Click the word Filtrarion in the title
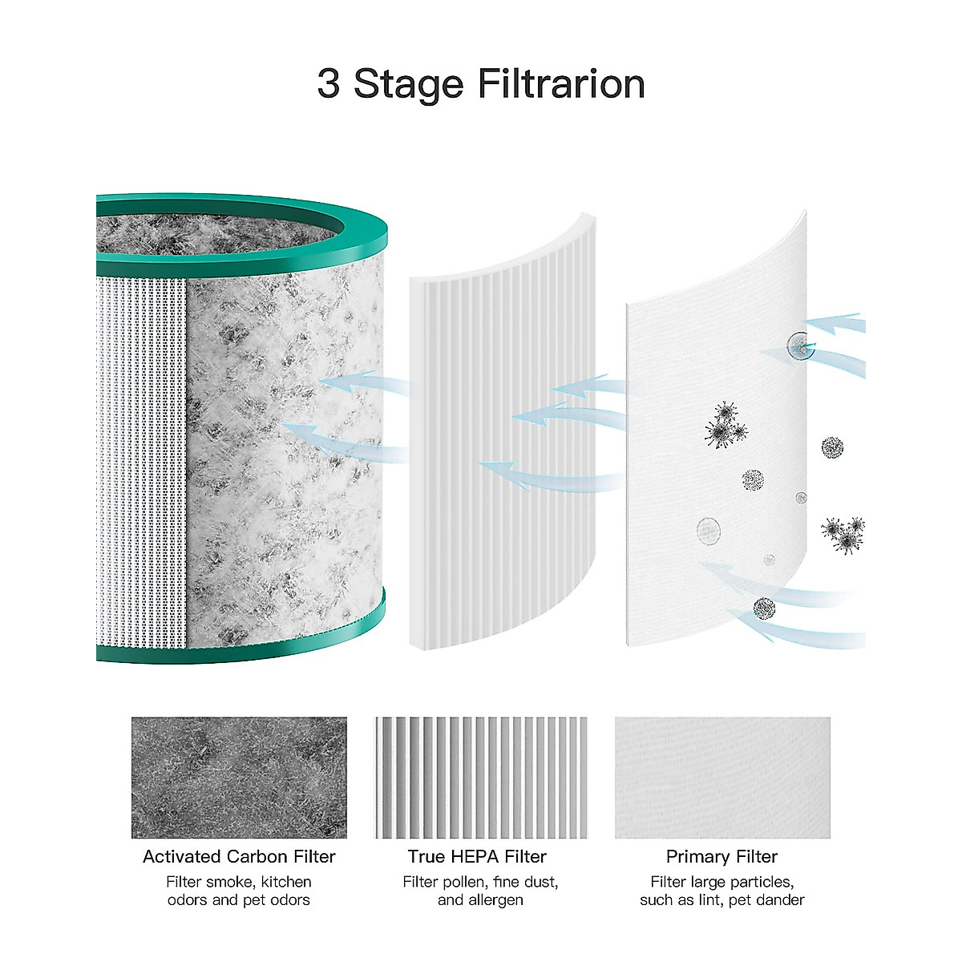[561, 84]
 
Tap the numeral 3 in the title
[328, 84]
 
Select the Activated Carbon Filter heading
[239, 856]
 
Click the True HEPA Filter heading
[477, 856]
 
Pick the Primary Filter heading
[721, 856]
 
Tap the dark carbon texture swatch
[239, 777]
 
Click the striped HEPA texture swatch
[481, 777]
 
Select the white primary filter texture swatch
[722, 777]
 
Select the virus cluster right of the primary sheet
[843, 533]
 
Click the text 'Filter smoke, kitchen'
[239, 882]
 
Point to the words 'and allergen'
[480, 900]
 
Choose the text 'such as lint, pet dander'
[721, 900]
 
